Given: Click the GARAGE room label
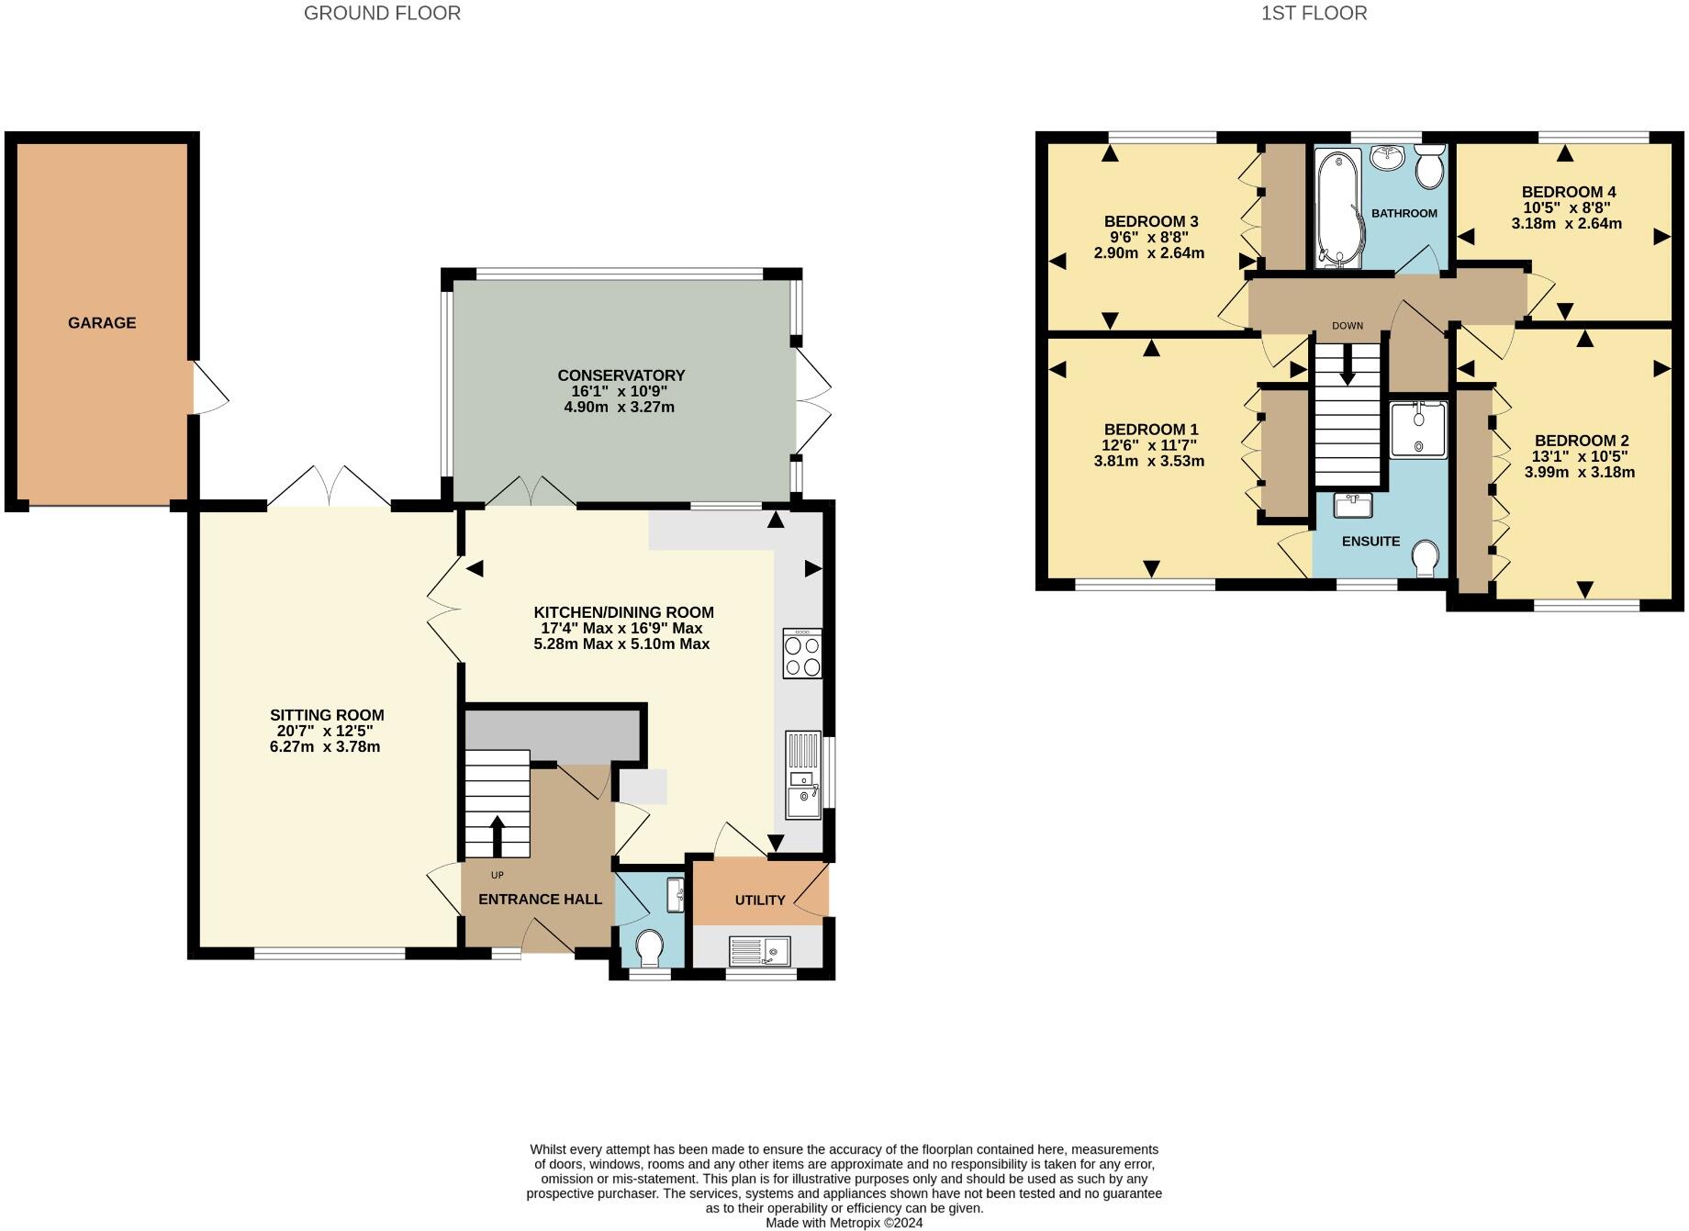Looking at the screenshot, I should pyautogui.click(x=102, y=323).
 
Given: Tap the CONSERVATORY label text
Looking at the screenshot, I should pyautogui.click(x=621, y=375).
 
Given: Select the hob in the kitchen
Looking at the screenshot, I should pyautogui.click(x=802, y=654).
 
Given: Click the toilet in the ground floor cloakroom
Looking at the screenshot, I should pyautogui.click(x=650, y=947).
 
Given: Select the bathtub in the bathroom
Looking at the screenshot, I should pyautogui.click(x=1338, y=209).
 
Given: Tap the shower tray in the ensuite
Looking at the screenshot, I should pyautogui.click(x=1418, y=430).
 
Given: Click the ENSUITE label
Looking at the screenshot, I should pyautogui.click(x=1370, y=542).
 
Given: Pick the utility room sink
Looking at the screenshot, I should pyautogui.click(x=759, y=951).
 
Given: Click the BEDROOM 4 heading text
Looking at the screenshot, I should pyautogui.click(x=1569, y=192).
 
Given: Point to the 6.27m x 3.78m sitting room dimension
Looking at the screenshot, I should pyautogui.click(x=325, y=747).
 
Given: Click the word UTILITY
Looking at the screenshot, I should pyautogui.click(x=760, y=901).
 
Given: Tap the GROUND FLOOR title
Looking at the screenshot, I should pyautogui.click(x=382, y=13).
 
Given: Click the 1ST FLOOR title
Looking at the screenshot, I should pyautogui.click(x=1314, y=13).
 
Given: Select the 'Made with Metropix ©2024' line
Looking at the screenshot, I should pyautogui.click(x=844, y=1223).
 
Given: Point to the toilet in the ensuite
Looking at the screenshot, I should pyautogui.click(x=1425, y=558).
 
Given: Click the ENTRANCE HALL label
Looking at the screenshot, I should pyautogui.click(x=540, y=900).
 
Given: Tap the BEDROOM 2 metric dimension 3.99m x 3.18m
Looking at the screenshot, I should pyautogui.click(x=1579, y=473).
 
